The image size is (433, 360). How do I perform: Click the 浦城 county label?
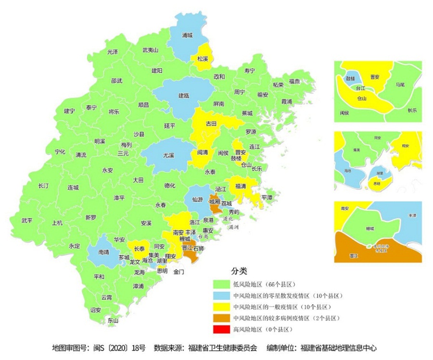click(187, 35)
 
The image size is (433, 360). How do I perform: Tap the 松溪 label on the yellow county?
click(203, 59)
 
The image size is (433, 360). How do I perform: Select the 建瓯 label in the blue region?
click(184, 95)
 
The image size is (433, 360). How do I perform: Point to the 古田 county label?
click(211, 124)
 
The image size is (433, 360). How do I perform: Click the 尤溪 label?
click(168, 155)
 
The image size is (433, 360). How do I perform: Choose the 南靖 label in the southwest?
click(103, 251)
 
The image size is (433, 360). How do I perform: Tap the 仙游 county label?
click(197, 199)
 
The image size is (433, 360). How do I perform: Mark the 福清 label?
click(242, 186)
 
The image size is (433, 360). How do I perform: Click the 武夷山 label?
click(150, 50)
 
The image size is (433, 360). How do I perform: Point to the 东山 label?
click(113, 320)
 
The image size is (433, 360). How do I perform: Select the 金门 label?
click(178, 272)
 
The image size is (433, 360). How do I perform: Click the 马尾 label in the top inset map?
click(400, 84)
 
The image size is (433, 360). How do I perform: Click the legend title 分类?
click(239, 271)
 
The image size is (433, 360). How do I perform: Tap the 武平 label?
click(27, 220)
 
